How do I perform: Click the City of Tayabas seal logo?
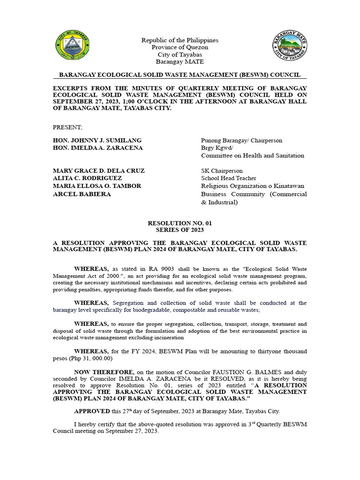click(x=72, y=47)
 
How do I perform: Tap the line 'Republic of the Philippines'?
click(x=180, y=40)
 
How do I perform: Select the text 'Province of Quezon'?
click(x=180, y=47)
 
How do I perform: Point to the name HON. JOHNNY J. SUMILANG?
click(x=97, y=141)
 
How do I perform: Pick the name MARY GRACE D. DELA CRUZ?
click(x=99, y=171)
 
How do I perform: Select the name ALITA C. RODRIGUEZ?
click(x=88, y=178)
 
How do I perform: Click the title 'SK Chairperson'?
click(x=222, y=171)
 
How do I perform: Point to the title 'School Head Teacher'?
click(x=229, y=178)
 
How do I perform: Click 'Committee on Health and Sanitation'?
click(x=253, y=156)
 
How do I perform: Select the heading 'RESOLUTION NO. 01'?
click(x=180, y=224)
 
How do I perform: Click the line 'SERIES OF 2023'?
click(x=180, y=231)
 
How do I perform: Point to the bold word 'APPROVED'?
click(x=92, y=411)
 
